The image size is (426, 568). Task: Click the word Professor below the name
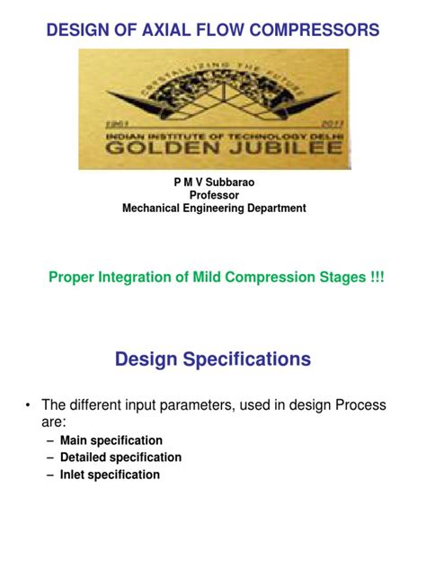213,195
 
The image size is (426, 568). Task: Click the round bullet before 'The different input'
29,406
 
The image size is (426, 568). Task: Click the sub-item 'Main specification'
111,440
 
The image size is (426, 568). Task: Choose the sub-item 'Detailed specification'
120,457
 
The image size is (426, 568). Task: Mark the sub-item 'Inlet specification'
110,475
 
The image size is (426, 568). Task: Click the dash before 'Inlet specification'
49,475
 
